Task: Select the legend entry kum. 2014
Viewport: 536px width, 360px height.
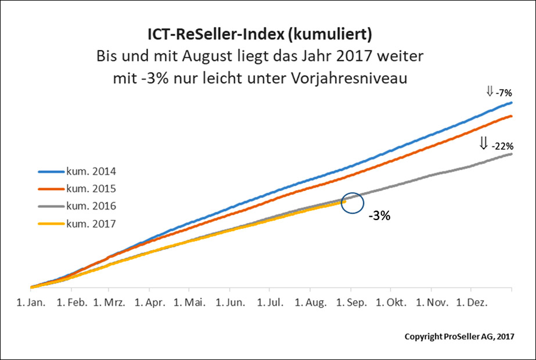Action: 91,172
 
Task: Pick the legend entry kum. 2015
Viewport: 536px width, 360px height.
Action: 91,189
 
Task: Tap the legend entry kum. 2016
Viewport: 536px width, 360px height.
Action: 91,206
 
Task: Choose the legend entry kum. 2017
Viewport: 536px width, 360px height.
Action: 91,222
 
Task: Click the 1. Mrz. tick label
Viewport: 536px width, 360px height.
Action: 109,303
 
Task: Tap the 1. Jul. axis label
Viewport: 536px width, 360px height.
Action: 271,303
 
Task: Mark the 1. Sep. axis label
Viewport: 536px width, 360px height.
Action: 351,303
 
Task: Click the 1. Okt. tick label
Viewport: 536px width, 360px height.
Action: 391,303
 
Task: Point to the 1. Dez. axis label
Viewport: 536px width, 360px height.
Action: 472,303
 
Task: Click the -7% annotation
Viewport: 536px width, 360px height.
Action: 503,92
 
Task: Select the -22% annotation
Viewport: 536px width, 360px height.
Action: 501,146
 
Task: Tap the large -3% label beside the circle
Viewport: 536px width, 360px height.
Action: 379,215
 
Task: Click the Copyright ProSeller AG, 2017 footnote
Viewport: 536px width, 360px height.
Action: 459,337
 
